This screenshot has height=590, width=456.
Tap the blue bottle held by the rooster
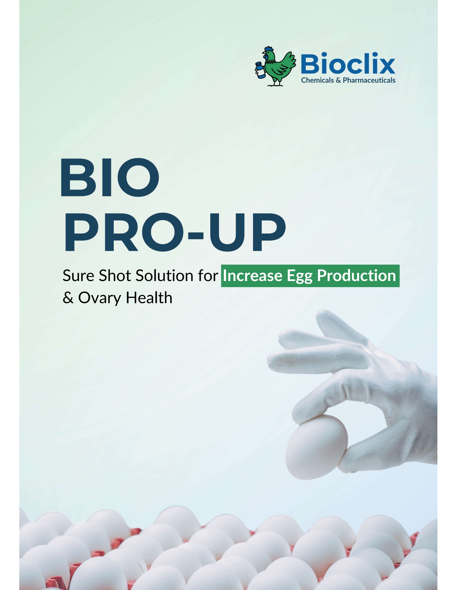point(260,70)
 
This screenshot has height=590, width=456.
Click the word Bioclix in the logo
point(348,64)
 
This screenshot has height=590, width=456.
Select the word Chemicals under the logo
point(317,80)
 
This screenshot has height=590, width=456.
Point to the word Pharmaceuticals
point(369,80)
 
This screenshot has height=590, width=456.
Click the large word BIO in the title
point(109,178)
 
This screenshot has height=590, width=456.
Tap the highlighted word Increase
point(252,276)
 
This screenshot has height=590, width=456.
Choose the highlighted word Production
point(356,276)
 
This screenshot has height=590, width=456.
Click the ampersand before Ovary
point(68,298)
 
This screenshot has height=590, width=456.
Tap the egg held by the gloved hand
point(316,447)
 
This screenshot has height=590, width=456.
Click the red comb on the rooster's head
point(268,49)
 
